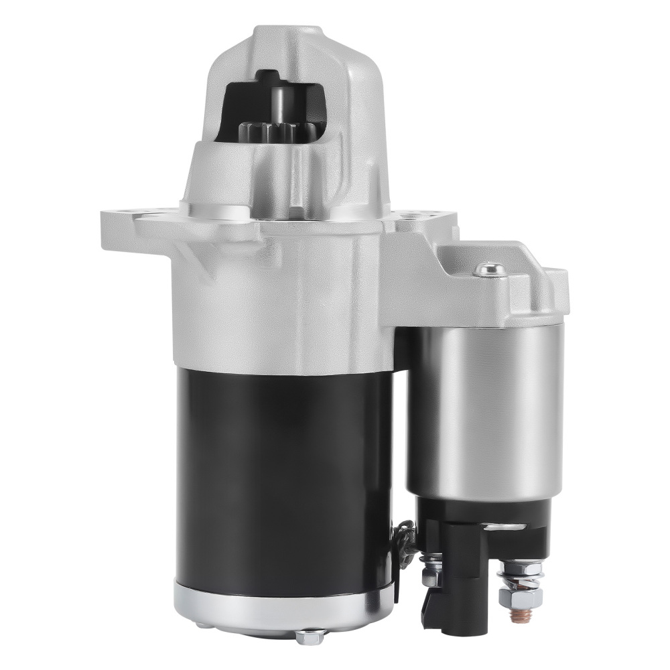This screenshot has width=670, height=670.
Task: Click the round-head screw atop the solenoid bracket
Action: point(489,269)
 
